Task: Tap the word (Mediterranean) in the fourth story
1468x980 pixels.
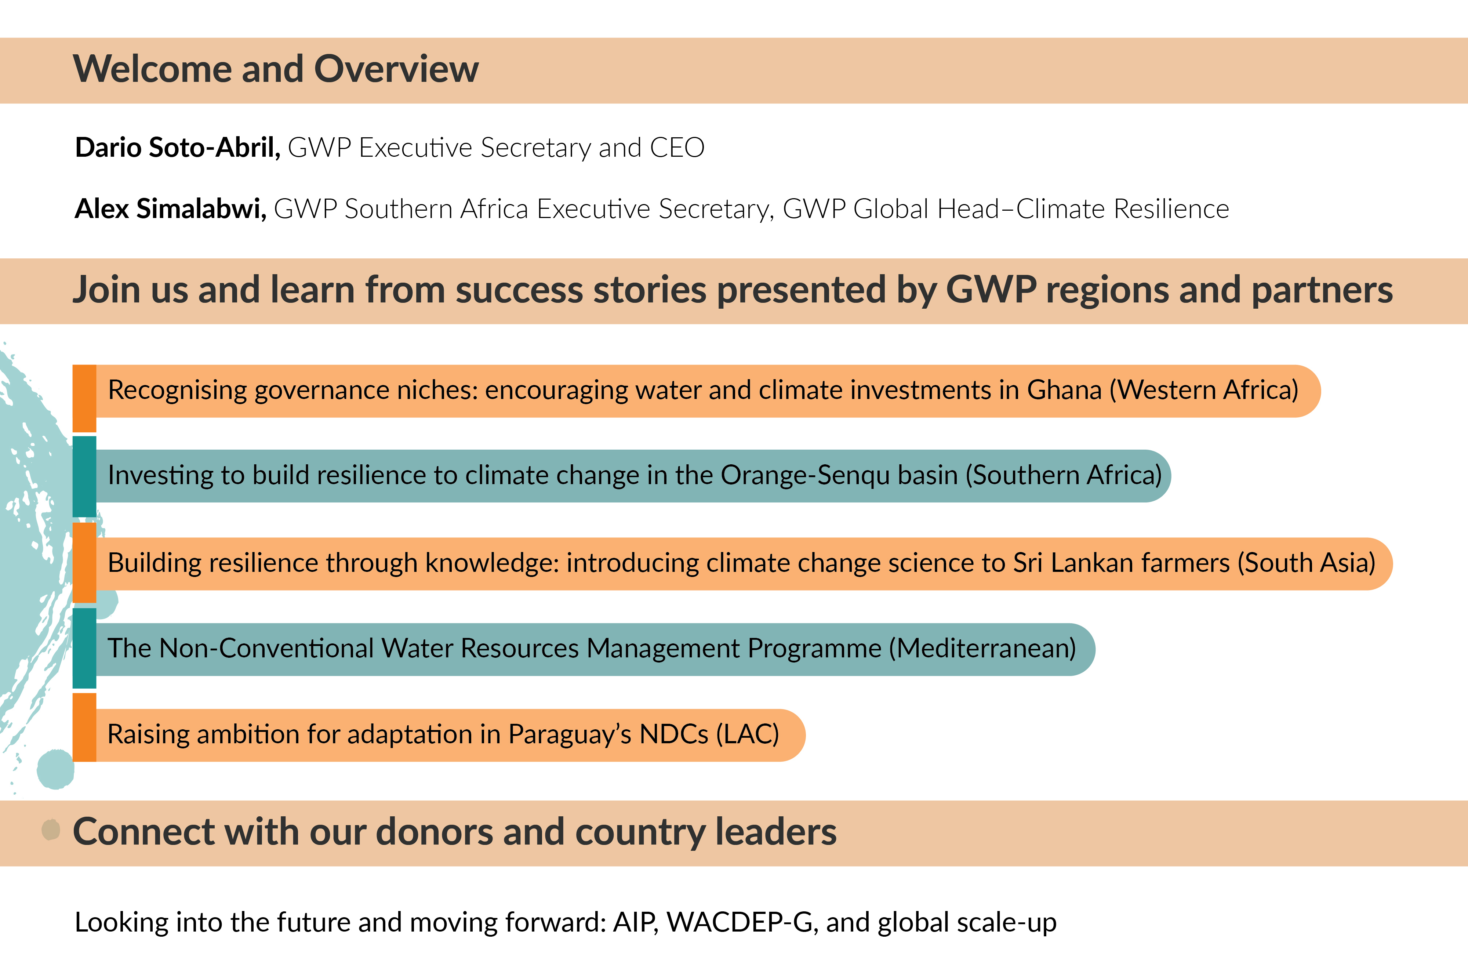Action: (982, 648)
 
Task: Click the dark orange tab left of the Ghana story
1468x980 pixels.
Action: (84, 398)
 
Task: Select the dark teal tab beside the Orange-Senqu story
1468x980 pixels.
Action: (84, 476)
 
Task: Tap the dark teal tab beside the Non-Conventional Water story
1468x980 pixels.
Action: (84, 648)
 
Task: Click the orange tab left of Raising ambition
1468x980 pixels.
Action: (84, 727)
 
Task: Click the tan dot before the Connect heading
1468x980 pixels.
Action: (51, 830)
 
